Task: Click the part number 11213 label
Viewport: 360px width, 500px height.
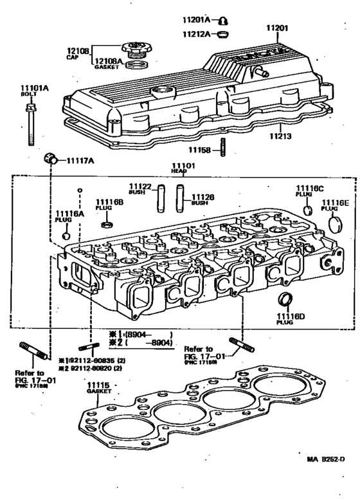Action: pos(280,136)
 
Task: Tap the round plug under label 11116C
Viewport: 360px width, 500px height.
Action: pos(308,210)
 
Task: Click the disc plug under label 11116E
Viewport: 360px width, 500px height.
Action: pos(334,223)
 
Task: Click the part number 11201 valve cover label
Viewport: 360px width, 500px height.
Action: pos(278,28)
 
